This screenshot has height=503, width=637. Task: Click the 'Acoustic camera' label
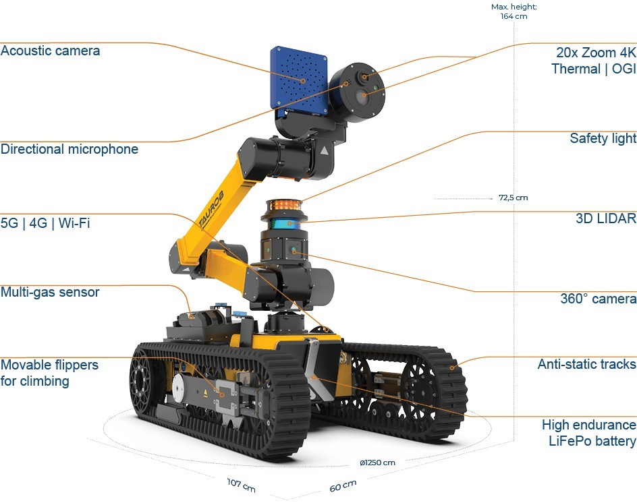(50, 51)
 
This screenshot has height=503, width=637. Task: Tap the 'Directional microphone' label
(69, 149)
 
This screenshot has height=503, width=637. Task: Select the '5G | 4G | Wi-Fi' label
(45, 223)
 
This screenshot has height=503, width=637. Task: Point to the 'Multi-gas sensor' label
(50, 292)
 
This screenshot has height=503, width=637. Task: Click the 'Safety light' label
(603, 138)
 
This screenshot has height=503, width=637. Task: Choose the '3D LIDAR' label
(606, 218)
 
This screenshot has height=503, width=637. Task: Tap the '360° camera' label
(598, 299)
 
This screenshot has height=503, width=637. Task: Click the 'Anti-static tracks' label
(586, 364)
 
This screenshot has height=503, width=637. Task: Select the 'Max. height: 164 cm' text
(514, 11)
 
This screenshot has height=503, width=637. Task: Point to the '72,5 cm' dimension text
(513, 198)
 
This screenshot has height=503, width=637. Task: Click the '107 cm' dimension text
(242, 485)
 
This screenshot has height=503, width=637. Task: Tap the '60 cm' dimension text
(343, 485)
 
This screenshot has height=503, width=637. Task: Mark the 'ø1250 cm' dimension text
(377, 463)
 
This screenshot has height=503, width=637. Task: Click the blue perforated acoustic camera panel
(299, 80)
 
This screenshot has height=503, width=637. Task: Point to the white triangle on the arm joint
(324, 151)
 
